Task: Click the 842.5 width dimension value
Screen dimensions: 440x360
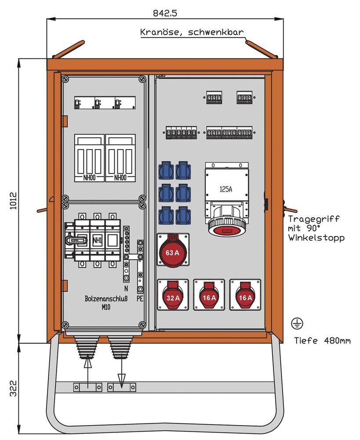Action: click(x=164, y=13)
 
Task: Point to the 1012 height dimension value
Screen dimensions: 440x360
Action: click(x=13, y=201)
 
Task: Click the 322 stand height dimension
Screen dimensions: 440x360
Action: click(x=13, y=389)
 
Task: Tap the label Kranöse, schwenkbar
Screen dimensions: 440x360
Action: click(x=191, y=32)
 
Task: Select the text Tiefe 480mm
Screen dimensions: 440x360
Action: click(x=323, y=340)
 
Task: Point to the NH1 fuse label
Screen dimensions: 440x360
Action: click(x=98, y=240)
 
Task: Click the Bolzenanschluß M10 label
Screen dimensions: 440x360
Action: click(x=105, y=302)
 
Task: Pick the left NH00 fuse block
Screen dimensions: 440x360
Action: click(x=89, y=158)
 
